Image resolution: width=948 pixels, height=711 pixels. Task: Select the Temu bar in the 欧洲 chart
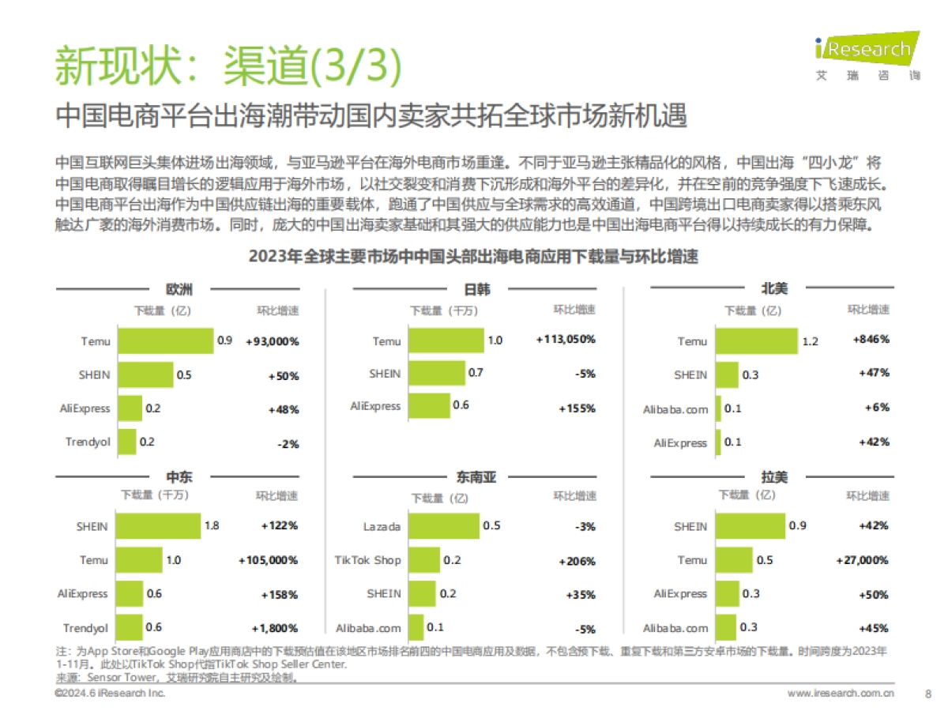165,341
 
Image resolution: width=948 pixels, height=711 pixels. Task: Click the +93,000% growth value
272,342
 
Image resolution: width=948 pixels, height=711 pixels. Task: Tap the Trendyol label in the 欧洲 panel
87,442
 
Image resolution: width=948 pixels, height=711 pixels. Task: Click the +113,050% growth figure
566,340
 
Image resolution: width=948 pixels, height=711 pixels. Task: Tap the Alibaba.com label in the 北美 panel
675,409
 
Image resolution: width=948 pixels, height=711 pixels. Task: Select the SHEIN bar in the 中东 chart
159,525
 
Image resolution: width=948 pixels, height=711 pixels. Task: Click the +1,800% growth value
275,628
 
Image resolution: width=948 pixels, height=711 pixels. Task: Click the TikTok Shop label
367,560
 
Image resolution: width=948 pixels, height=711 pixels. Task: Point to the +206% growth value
576,561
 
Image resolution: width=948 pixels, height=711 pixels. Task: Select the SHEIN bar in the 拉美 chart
750,526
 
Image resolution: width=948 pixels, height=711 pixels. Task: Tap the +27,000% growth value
862,560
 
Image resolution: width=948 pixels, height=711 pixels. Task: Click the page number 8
928,694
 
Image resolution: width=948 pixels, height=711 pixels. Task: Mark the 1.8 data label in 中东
212,525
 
